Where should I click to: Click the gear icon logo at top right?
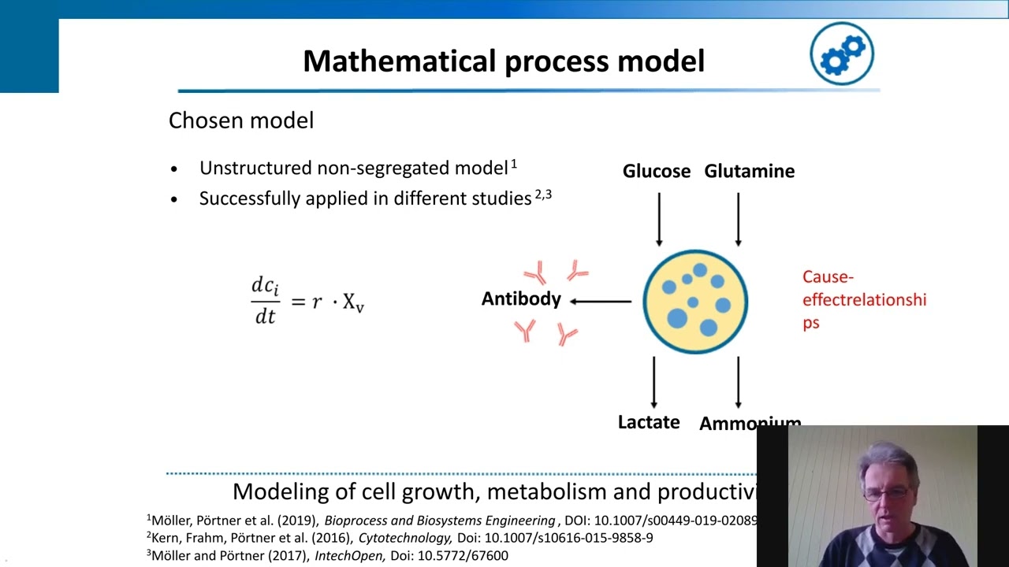(842, 54)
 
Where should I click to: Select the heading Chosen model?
(241, 120)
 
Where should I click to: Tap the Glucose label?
(656, 171)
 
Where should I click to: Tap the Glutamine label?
(749, 171)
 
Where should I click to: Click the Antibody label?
(521, 299)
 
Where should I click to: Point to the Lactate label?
(648, 422)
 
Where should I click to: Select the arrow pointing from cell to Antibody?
(601, 301)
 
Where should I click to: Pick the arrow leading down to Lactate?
(653, 382)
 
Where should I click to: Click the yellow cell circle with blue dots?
(694, 302)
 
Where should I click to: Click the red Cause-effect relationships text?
(863, 299)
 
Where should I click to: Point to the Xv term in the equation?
(353, 303)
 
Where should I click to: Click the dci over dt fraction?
(265, 300)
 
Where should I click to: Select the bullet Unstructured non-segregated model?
(353, 169)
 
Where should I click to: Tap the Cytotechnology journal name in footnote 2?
(404, 538)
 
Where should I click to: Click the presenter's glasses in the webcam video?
(885, 495)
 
